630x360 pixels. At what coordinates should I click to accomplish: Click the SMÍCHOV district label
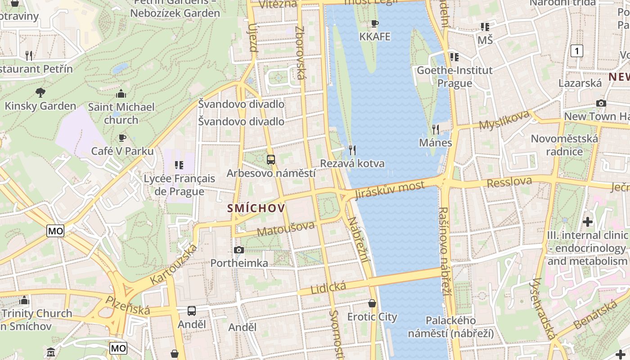click(256, 208)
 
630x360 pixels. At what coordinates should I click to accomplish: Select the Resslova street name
click(509, 182)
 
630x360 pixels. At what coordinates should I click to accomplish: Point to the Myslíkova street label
click(504, 120)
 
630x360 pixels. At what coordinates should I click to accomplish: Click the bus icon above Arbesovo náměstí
click(271, 159)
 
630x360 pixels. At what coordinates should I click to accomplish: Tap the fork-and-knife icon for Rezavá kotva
click(352, 150)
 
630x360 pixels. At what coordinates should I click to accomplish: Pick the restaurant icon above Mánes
click(435, 130)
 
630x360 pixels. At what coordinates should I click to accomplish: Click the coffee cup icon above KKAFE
click(375, 23)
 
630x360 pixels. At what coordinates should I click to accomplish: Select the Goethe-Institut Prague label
click(454, 76)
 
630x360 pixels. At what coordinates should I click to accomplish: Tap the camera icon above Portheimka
click(239, 250)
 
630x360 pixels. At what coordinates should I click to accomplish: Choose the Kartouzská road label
click(174, 265)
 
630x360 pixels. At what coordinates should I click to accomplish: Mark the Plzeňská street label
click(128, 306)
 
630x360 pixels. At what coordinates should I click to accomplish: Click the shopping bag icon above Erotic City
click(372, 303)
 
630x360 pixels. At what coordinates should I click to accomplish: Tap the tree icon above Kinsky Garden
click(40, 93)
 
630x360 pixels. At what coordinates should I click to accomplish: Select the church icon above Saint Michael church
click(121, 94)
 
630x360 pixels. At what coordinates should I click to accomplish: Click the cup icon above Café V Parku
click(122, 138)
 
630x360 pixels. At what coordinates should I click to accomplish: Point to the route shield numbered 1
click(576, 51)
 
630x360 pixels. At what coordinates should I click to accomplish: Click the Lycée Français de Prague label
click(179, 185)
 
